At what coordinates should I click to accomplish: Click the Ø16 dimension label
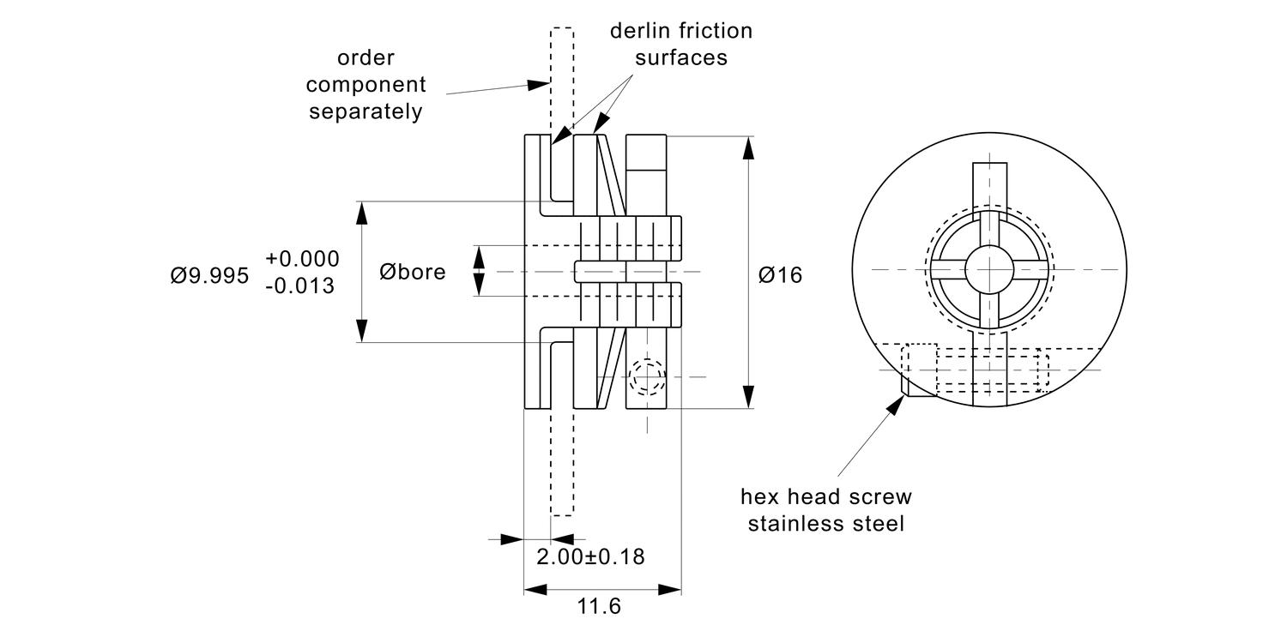(780, 275)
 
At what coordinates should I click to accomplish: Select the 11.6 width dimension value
(598, 607)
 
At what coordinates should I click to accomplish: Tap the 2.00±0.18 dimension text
(590, 556)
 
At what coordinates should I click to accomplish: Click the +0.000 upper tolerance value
(302, 259)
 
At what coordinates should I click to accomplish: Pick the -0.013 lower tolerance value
(300, 286)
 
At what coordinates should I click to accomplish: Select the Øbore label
(413, 273)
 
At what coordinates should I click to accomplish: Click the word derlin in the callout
(639, 32)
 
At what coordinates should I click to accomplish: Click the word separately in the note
(366, 112)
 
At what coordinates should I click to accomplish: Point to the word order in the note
(366, 58)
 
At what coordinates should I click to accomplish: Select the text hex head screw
(826, 497)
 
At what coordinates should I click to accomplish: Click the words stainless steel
(826, 524)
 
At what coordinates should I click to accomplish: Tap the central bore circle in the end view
(990, 269)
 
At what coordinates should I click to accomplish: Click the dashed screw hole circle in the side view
(646, 376)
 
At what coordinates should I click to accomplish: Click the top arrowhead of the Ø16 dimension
(749, 147)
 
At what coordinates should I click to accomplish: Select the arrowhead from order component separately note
(540, 84)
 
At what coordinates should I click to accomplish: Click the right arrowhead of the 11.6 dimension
(671, 590)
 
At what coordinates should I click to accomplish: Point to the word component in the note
(366, 85)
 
